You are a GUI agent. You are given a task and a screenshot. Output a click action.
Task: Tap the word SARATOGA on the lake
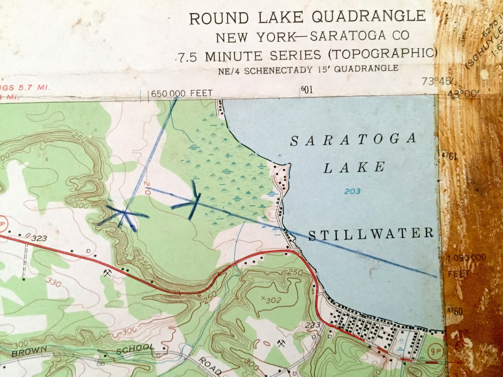[353, 140]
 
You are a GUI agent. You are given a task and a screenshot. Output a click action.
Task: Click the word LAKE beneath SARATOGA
[354, 167]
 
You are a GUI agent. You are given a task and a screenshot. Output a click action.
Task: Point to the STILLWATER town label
[371, 234]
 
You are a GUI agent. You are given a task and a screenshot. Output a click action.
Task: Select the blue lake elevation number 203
[353, 191]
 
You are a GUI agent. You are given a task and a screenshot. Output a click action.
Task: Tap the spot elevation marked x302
[271, 299]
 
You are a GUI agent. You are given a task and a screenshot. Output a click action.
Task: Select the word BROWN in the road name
[29, 352]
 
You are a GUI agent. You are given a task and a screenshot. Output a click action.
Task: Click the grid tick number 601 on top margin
[307, 90]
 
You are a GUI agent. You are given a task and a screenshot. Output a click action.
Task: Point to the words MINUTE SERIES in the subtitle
[263, 56]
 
